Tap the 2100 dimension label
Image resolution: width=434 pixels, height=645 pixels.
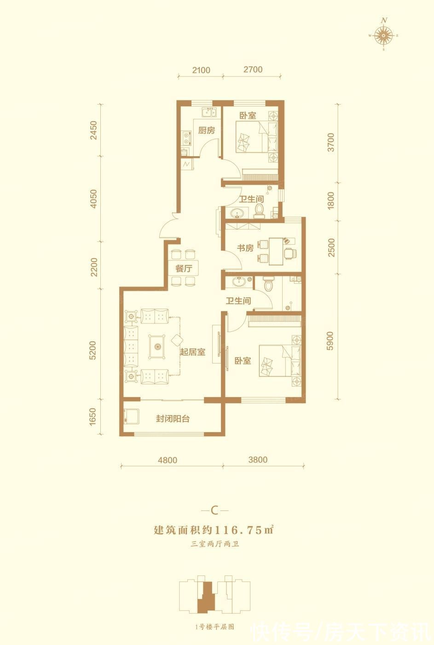tap(201, 70)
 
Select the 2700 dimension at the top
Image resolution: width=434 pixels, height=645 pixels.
tap(253, 70)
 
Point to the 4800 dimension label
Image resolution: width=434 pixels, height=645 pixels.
tap(168, 460)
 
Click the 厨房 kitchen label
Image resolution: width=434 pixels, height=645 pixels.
tap(207, 130)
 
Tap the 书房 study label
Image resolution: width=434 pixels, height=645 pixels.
tap(245, 248)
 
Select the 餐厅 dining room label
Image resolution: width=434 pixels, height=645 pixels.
tap(184, 269)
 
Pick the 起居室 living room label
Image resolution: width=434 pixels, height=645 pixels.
tap(192, 352)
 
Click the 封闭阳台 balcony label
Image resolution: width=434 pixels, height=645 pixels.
tap(173, 419)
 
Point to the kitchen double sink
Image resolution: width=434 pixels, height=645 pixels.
tap(209, 112)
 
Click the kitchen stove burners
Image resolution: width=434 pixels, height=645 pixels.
tap(186, 138)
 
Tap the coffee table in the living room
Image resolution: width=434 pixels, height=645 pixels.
tap(157, 346)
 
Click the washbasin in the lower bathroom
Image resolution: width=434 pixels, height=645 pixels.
tap(238, 282)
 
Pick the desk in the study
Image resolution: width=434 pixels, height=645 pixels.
tap(276, 251)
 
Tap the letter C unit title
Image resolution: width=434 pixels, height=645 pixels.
tap(214, 510)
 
